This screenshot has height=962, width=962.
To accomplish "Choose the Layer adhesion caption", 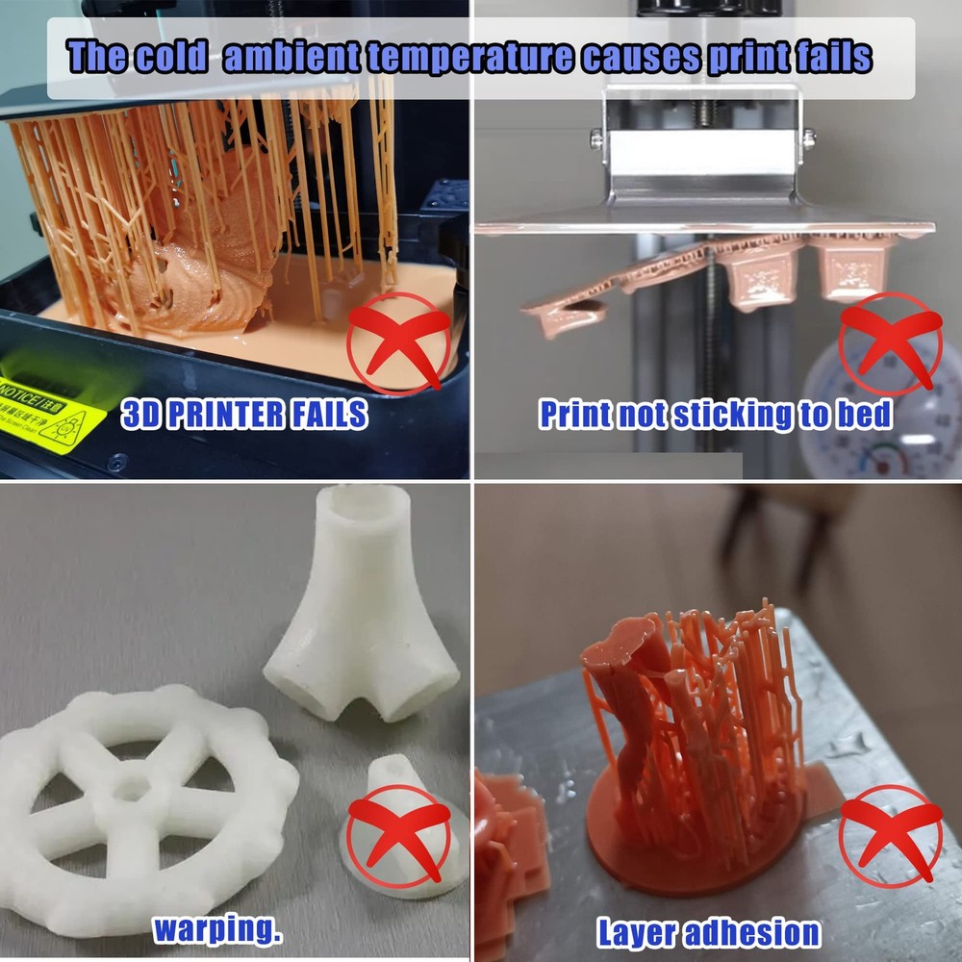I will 708,931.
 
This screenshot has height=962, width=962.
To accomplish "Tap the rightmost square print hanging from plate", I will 852,265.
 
